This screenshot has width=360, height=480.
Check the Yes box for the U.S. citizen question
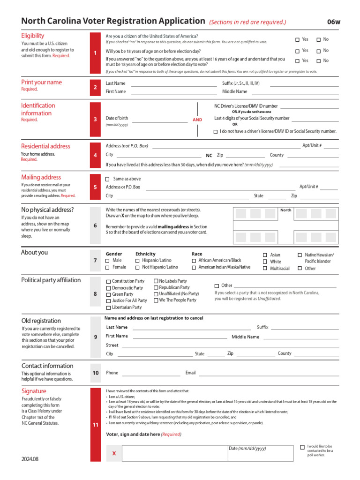click(x=297, y=40)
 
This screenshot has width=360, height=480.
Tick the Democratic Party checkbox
click(x=109, y=288)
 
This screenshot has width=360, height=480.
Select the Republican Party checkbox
click(x=156, y=287)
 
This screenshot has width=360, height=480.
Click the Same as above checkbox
click(x=107, y=179)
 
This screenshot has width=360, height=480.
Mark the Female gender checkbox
click(x=108, y=267)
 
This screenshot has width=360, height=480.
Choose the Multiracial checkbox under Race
click(x=265, y=269)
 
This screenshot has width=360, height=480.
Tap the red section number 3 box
click(x=95, y=120)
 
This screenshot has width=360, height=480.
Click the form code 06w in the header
click(x=334, y=22)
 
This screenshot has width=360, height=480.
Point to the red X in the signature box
click(x=114, y=454)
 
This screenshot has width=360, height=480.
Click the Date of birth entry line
click(x=159, y=122)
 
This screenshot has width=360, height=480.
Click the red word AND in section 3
click(x=197, y=120)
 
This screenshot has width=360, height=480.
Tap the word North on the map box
click(x=285, y=210)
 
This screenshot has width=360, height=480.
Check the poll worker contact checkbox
click(x=302, y=447)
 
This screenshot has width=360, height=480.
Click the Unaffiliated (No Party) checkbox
click(x=156, y=294)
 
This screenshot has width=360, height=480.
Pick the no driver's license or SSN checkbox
click(x=216, y=132)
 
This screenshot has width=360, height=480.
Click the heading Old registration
click(x=41, y=321)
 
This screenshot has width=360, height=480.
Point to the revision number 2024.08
click(x=30, y=459)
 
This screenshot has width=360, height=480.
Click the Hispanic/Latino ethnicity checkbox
click(x=137, y=261)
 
